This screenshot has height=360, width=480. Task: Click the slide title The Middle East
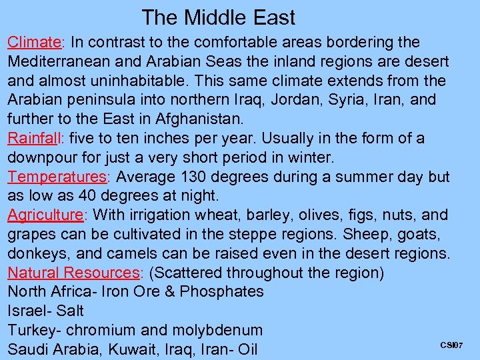coord(218,17)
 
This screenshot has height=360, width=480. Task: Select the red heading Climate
coord(34,42)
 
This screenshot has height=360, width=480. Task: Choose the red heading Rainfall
coord(34,139)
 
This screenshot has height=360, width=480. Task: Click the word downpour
coord(43,158)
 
